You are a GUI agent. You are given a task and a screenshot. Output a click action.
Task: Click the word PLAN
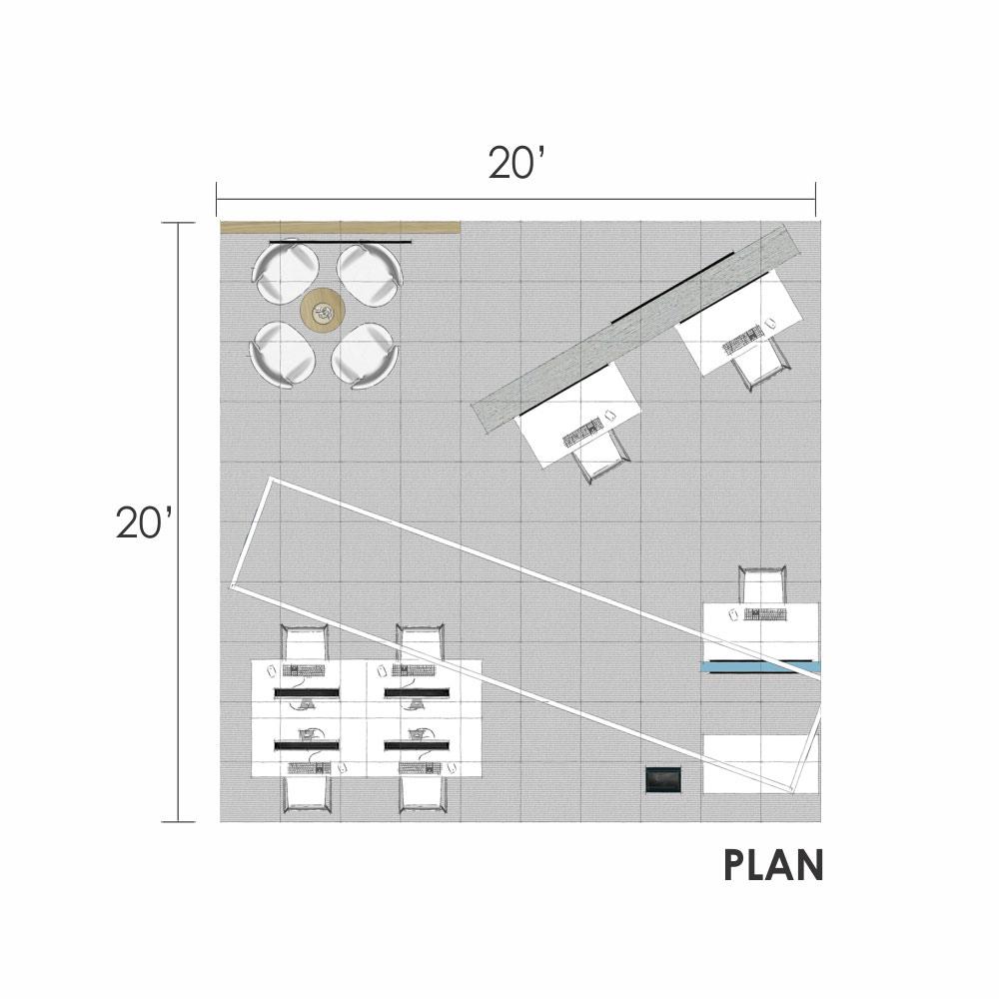point(773,865)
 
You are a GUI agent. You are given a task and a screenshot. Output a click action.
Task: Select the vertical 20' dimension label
point(143,522)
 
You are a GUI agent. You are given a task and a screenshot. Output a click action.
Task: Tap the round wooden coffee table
point(323,312)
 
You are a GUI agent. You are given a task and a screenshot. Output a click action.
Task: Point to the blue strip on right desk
point(759,667)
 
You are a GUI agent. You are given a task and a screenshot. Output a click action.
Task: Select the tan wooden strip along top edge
point(341,227)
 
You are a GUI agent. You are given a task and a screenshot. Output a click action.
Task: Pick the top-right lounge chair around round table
point(371,274)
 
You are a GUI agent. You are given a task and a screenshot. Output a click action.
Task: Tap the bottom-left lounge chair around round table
point(283,355)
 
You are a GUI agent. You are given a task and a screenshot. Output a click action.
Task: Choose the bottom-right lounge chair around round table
point(365,356)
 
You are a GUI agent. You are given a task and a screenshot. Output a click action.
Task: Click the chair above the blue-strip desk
point(762,584)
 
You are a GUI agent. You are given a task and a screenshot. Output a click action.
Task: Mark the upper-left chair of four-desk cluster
point(305,642)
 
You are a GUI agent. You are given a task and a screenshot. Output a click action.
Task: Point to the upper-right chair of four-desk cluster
point(420,642)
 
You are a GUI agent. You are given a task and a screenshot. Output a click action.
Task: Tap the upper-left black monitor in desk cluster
point(307,692)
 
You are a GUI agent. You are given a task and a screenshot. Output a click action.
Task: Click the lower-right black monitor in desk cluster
point(417,745)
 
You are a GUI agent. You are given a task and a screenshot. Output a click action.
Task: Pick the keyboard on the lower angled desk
point(583,432)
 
